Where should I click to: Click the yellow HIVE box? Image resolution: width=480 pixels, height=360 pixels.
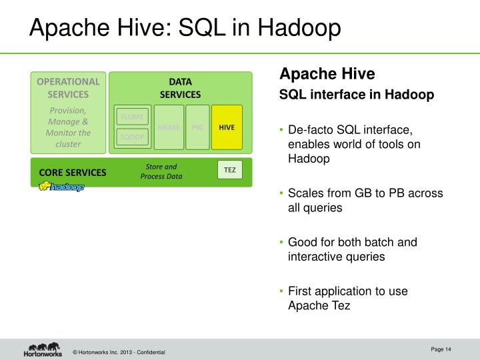[x=227, y=127]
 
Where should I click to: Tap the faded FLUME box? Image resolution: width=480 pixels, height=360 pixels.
[x=132, y=117]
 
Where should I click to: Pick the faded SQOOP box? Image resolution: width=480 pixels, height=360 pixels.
[x=132, y=137]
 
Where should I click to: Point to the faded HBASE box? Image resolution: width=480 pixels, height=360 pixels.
[x=169, y=127]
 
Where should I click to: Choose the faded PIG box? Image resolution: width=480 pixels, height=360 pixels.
[x=197, y=127]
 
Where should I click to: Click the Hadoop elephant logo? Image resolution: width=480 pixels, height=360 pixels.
[x=61, y=187]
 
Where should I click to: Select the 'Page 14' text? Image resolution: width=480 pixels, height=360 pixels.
[x=441, y=349]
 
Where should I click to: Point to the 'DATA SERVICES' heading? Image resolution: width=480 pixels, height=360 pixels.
[x=180, y=88]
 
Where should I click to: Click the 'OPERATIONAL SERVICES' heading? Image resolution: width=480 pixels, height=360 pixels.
[x=68, y=88]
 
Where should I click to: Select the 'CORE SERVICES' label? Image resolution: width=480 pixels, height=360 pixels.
[x=72, y=172]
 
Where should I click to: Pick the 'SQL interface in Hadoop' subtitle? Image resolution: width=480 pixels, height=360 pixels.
[x=357, y=95]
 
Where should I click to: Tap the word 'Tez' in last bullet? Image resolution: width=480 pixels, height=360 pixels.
[x=340, y=306]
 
